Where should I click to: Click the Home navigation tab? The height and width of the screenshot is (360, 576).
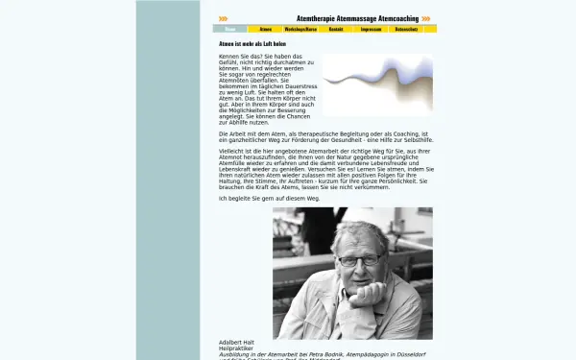click(229, 30)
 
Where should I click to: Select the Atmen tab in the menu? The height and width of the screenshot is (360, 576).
click(265, 30)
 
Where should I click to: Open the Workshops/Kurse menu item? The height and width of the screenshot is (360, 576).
click(300, 30)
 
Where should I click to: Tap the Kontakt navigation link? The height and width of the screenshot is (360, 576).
click(336, 30)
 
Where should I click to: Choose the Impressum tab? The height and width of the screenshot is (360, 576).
click(371, 30)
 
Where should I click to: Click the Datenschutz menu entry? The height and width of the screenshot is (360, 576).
click(406, 30)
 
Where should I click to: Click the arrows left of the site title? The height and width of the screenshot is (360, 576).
click(223, 18)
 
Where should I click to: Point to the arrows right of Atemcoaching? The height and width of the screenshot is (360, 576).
click(426, 18)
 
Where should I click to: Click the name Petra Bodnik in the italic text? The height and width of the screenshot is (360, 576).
click(324, 354)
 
